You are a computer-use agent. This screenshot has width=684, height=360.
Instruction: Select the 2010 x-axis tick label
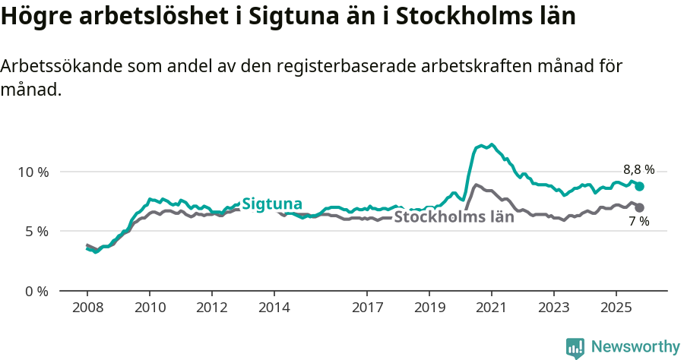coord(150,308)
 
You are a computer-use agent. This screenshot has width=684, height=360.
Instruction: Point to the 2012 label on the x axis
coord(212,308)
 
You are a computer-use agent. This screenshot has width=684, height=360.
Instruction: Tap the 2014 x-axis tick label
coord(274,308)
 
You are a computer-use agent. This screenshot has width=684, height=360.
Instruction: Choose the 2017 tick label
coord(367,308)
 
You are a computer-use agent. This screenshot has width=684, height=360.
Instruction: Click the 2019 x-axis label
coord(429,308)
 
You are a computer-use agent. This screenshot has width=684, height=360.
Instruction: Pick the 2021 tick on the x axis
coord(492,308)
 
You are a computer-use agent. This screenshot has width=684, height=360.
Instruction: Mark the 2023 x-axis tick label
coord(554,308)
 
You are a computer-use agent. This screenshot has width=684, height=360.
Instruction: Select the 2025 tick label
coord(616,308)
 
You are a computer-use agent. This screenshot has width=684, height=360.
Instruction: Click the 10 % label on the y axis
coord(33,172)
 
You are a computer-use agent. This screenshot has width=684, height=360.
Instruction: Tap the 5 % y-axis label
coord(37,231)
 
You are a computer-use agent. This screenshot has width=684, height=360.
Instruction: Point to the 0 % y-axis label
coord(37,291)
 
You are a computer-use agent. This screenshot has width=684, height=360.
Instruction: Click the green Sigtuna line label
coord(272,204)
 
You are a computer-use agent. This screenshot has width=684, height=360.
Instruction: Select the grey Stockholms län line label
coord(454,217)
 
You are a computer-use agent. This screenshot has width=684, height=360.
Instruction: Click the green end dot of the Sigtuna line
coord(640,186)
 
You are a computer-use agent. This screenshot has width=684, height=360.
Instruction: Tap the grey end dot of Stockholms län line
coord(640,207)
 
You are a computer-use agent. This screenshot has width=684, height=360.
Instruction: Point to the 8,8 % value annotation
coord(638,170)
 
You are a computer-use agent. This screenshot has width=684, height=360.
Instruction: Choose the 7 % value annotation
coord(638,222)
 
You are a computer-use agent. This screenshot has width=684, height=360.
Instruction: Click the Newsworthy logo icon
coord(575,348)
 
